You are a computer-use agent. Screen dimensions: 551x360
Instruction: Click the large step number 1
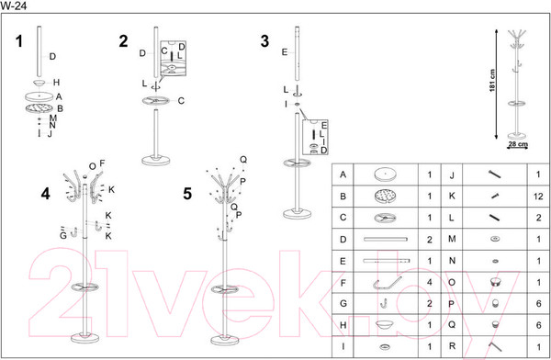pyautogui.click(x=19, y=41)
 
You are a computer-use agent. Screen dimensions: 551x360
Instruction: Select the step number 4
pyautogui.click(x=46, y=194)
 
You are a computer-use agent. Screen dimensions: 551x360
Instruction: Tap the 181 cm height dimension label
pyautogui.click(x=492, y=81)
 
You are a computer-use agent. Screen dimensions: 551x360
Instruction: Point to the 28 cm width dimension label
pyautogui.click(x=518, y=144)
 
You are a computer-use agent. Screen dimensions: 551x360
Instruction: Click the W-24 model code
pyautogui.click(x=14, y=6)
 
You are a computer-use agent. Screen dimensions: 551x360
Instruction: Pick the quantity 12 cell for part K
pyautogui.click(x=538, y=197)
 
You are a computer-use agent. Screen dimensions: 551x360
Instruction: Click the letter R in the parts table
pyautogui.click(x=452, y=346)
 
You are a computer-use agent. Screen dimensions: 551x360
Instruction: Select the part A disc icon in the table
pyautogui.click(x=385, y=174)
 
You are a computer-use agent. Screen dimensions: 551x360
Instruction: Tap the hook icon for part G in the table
pyautogui.click(x=384, y=303)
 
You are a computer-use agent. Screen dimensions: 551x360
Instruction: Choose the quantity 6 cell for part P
pyautogui.click(x=538, y=303)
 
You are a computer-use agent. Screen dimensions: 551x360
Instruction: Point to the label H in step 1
pyautogui.click(x=56, y=83)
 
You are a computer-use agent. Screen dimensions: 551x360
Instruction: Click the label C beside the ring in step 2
pyautogui.click(x=181, y=101)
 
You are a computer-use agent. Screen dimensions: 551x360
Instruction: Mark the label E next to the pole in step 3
pyautogui.click(x=285, y=52)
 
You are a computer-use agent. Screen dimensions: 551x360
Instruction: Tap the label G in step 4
pyautogui.click(x=62, y=235)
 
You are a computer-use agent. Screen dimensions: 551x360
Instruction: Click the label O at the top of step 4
pyautogui.click(x=92, y=166)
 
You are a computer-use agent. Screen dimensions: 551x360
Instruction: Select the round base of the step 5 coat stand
pyautogui.click(x=225, y=340)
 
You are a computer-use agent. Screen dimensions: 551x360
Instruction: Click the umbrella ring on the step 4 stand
pyautogui.click(x=84, y=287)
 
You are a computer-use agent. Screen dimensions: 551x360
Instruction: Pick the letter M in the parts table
pyautogui.click(x=452, y=239)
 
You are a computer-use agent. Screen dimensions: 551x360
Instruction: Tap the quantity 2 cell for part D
pyautogui.click(x=430, y=240)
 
